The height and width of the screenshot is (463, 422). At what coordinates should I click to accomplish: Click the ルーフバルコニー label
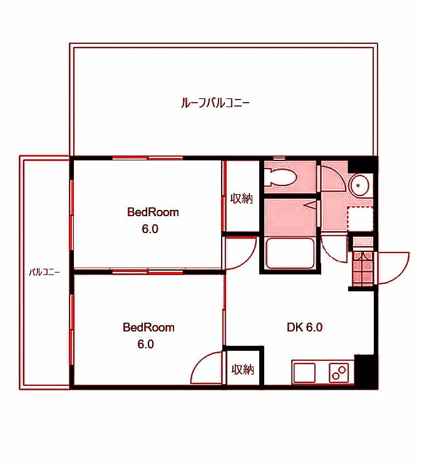point(215,101)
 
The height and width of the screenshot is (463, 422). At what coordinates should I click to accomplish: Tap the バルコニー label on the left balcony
point(44,272)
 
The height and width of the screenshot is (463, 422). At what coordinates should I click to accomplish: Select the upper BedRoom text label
point(153,212)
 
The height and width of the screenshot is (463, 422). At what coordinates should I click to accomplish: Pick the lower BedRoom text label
point(148,327)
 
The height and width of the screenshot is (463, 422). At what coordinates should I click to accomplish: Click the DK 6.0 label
point(304,327)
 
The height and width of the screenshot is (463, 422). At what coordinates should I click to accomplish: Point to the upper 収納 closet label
point(242,199)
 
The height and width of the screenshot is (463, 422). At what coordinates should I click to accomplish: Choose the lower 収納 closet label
point(243,369)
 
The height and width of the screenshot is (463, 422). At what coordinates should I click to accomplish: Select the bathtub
point(290,254)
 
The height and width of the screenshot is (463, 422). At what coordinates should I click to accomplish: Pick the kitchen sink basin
point(306,372)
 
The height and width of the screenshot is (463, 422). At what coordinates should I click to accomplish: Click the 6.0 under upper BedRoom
point(150,229)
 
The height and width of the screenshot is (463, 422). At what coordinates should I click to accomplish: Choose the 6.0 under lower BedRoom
point(145,344)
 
